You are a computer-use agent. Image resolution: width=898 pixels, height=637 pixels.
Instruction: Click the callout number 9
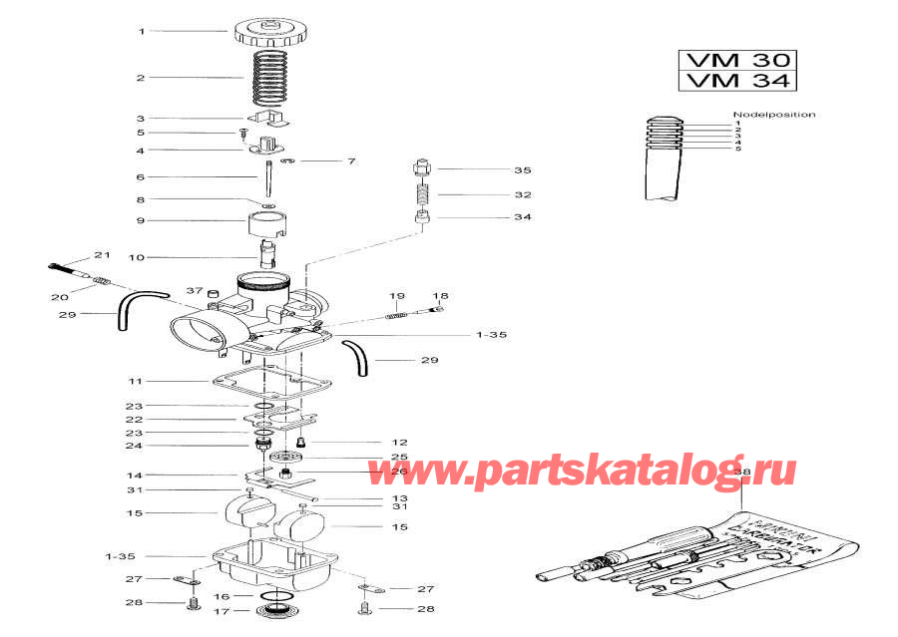pyautogui.click(x=141, y=220)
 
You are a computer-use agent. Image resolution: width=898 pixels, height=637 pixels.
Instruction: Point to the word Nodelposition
pyautogui.click(x=773, y=115)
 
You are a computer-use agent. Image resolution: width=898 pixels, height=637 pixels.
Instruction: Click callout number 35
pyautogui.click(x=523, y=170)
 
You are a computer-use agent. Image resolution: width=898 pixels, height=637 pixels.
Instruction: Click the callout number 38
pyautogui.click(x=741, y=470)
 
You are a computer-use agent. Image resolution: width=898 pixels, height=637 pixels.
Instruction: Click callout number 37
pyautogui.click(x=194, y=290)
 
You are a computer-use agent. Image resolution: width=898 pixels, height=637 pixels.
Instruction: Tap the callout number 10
pyautogui.click(x=137, y=257)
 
